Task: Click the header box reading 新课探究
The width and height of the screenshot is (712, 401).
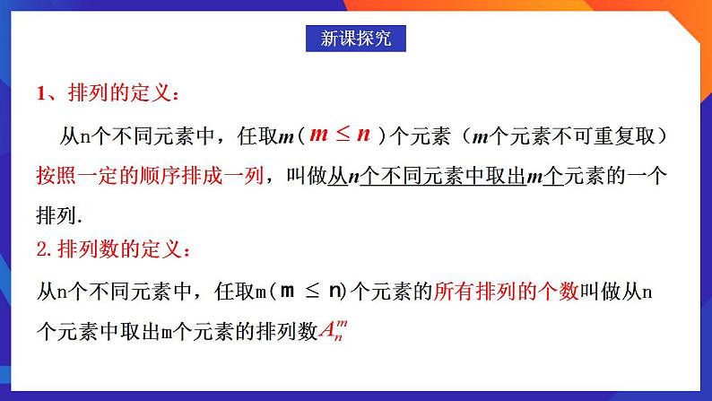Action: click(x=356, y=39)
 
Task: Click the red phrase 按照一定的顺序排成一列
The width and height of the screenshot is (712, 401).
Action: click(x=150, y=175)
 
